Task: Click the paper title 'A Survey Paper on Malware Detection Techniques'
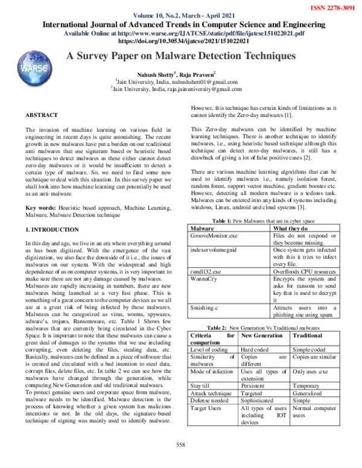[180, 56]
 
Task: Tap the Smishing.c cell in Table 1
[204, 308]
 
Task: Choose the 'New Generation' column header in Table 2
[261, 334]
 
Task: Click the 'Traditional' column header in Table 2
[308, 334]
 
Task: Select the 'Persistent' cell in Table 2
[254, 384]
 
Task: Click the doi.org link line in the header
[180, 42]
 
